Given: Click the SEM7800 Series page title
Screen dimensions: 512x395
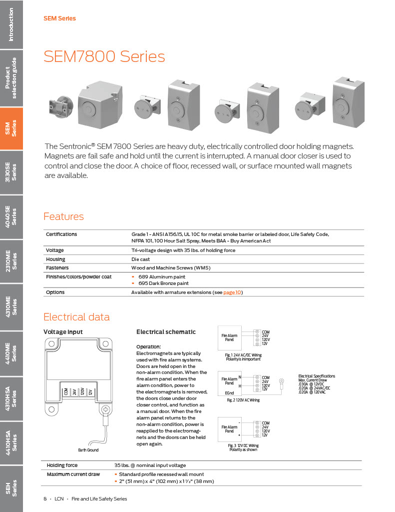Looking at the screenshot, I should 104,56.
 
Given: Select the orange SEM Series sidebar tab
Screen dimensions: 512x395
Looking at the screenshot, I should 11,128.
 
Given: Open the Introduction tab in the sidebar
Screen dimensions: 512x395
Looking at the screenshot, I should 11,24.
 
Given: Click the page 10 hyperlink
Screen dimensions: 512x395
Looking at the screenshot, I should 232,292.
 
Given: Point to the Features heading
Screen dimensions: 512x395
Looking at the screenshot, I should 63,216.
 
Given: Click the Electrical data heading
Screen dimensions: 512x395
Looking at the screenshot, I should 76,317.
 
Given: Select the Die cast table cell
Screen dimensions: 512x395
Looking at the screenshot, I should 140,259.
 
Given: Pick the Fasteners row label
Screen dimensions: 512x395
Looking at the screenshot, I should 58,268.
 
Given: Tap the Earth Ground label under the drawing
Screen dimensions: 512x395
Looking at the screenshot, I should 88,450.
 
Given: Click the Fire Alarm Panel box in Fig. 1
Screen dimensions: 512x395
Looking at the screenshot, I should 229,337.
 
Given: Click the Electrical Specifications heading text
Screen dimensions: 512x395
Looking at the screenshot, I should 317,376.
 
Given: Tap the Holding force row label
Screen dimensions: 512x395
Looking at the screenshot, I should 62,465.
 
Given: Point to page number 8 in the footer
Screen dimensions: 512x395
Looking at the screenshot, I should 45,498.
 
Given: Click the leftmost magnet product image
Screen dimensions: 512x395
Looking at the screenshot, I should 61,107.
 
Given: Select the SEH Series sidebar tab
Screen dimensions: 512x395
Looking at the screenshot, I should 11,487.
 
